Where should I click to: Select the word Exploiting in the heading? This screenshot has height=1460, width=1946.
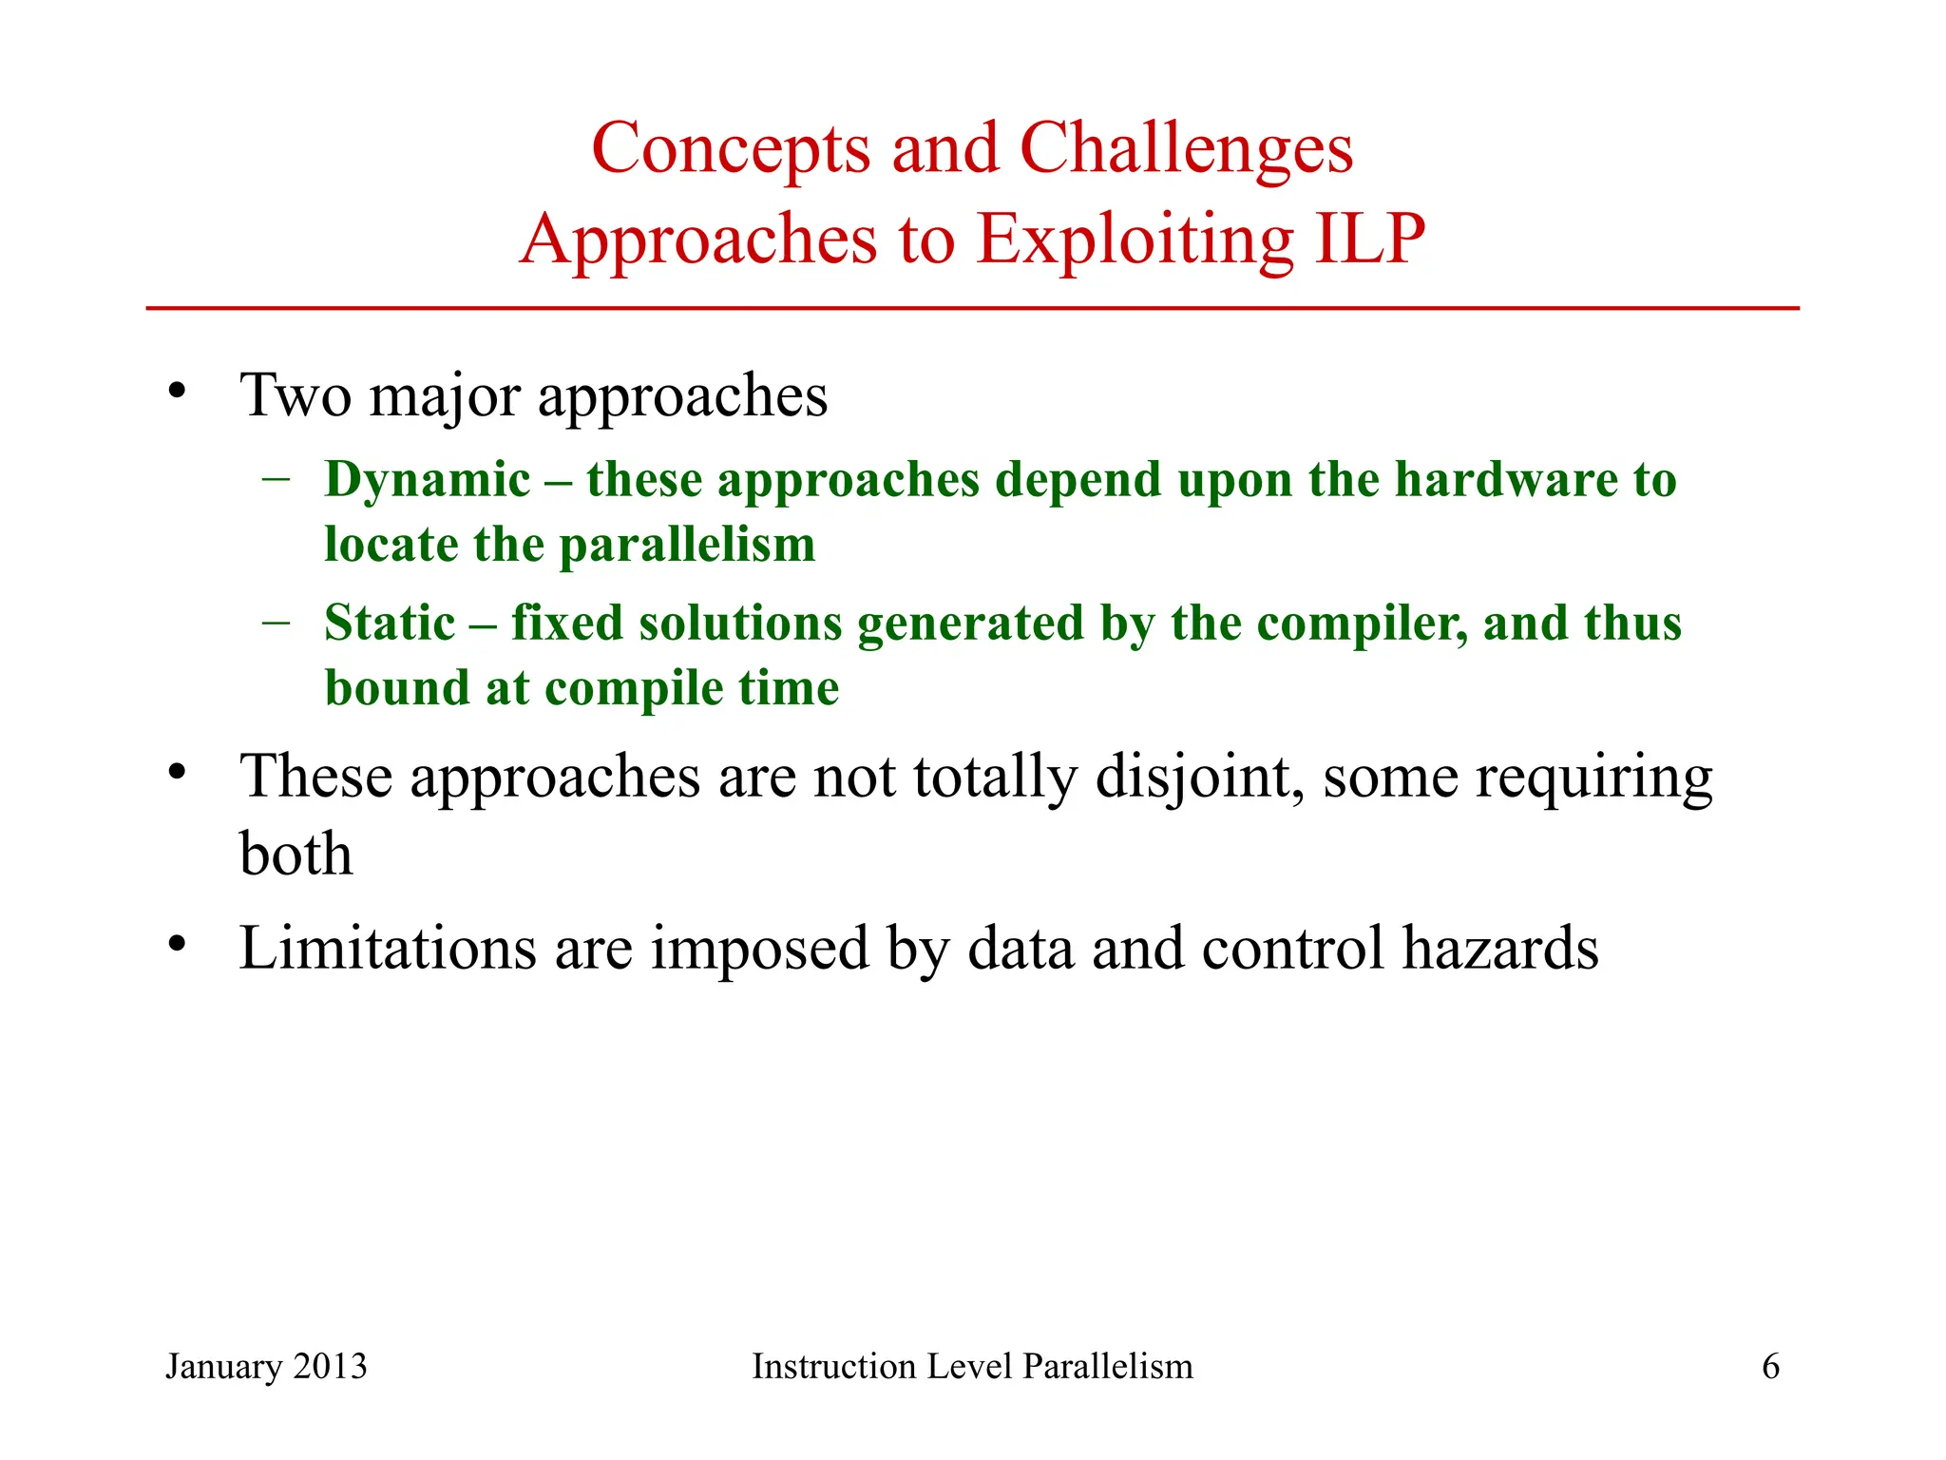(1135, 240)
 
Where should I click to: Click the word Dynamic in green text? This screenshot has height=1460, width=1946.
(427, 480)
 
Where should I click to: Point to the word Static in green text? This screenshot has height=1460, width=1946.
(390, 624)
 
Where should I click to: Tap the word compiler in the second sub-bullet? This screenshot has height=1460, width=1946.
(1361, 625)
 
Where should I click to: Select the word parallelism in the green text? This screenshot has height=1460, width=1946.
(687, 546)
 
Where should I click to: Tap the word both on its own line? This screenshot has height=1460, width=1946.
(296, 854)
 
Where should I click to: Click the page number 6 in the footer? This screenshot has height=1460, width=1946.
(1770, 1367)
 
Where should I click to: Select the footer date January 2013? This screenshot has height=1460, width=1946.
(266, 1367)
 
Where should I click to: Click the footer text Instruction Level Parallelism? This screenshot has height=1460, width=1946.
(972, 1367)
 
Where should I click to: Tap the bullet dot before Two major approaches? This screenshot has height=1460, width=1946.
(177, 391)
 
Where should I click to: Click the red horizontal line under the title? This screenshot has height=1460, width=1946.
(972, 308)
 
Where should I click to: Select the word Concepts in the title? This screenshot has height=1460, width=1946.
(731, 150)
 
